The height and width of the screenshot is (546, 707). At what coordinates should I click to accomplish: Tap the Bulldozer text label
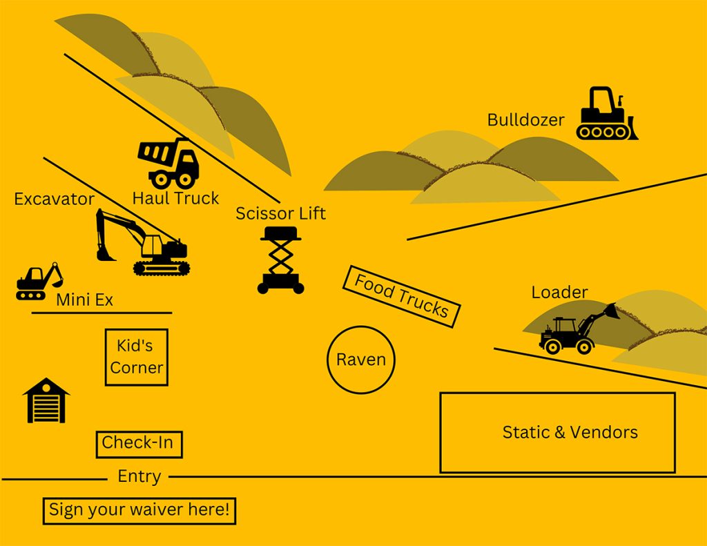[x=525, y=120]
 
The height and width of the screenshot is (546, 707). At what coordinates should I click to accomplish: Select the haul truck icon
[x=170, y=163]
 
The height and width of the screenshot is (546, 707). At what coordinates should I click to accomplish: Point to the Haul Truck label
[x=175, y=198]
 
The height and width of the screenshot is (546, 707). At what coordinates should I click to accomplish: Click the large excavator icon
[x=144, y=243]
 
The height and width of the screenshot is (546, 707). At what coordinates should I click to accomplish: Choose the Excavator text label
[x=55, y=199]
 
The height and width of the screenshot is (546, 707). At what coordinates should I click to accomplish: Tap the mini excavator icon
[x=39, y=282]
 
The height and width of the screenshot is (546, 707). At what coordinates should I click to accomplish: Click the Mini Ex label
[x=84, y=300]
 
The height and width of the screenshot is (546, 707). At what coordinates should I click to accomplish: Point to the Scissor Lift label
[x=280, y=213]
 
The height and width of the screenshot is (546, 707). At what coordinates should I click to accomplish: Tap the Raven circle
[x=361, y=360]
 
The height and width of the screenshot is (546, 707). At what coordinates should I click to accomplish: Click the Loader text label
[x=559, y=292]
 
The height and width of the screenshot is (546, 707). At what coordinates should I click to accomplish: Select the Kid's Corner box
[x=137, y=357]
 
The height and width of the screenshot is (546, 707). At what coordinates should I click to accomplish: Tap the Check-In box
[x=139, y=444]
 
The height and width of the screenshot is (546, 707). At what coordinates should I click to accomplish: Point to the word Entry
[x=139, y=476]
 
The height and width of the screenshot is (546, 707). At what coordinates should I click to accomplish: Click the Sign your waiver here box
[x=139, y=511]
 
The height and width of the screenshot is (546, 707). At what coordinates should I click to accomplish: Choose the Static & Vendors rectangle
[x=557, y=433]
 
